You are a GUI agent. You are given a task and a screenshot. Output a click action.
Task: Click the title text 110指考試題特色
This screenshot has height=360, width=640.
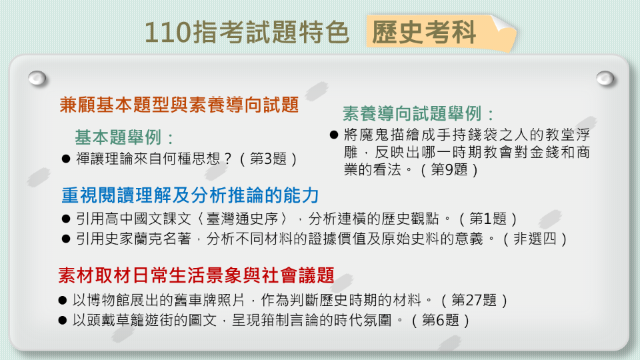pos(247,32)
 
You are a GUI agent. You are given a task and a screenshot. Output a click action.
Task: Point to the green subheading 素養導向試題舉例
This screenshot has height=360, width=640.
pos(419,113)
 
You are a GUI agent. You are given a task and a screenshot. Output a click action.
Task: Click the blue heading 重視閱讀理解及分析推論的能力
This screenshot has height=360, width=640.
pos(190,195)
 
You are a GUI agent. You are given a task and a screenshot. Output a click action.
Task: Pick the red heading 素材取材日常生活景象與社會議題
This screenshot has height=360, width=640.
pos(196,276)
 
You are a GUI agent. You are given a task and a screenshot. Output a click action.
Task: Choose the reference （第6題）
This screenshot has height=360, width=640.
pos(441,320)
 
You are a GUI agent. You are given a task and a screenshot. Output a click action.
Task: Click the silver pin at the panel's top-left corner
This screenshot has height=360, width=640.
pos(37,78)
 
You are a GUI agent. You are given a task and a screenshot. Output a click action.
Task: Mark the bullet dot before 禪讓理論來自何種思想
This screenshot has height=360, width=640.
pos(65,159)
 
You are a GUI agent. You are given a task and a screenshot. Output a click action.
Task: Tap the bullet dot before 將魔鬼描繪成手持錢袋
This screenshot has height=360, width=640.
pos(334,135)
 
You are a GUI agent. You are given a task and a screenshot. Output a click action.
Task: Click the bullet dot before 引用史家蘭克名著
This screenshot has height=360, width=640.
pos(65,239)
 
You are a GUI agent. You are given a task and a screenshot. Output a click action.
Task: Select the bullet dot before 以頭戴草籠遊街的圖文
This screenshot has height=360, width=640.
pos(62,321)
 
